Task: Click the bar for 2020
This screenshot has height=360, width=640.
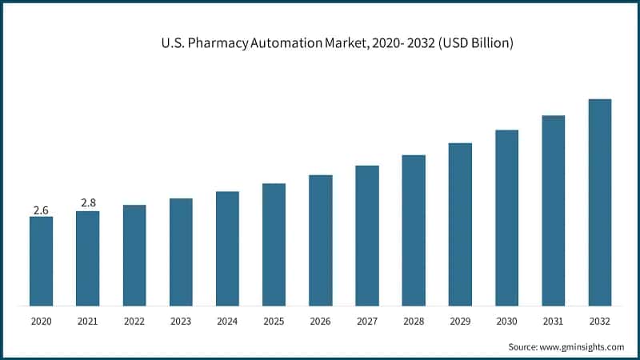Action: (41, 261)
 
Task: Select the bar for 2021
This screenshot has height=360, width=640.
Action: (87, 258)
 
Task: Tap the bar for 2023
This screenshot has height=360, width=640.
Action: (181, 252)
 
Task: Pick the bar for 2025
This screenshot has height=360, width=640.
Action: (274, 244)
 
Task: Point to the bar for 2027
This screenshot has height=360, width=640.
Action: (366, 235)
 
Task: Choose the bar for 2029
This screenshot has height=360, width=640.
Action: (460, 224)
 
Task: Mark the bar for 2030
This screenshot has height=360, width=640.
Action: (506, 218)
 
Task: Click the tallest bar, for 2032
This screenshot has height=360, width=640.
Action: (599, 202)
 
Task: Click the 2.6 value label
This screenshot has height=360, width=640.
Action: (41, 210)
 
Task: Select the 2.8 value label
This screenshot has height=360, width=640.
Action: (87, 204)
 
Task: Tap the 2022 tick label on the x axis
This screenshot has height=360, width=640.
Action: (134, 322)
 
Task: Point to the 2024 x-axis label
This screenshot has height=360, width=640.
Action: (227, 322)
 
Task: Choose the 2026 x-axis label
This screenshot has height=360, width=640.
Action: (320, 322)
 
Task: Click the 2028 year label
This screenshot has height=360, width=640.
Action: (414, 322)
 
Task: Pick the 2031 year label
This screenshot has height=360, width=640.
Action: (553, 322)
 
